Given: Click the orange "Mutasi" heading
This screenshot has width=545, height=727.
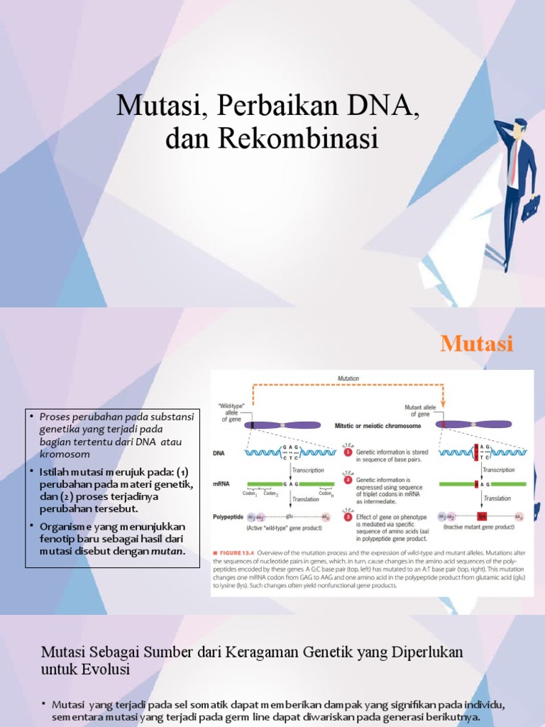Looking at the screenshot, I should [x=476, y=344].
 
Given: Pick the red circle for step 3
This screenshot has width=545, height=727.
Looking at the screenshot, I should [x=348, y=517].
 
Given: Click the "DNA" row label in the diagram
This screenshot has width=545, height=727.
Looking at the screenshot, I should [x=221, y=452].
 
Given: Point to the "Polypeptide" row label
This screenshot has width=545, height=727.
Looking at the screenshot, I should [x=229, y=518].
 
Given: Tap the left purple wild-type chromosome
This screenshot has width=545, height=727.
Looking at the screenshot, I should [x=282, y=425].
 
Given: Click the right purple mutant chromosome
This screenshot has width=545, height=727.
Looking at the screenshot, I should [x=475, y=425].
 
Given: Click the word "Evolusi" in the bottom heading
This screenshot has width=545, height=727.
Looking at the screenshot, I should [x=108, y=669].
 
